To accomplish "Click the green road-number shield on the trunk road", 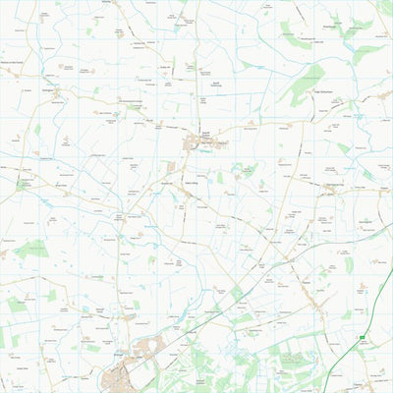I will pos(362,337).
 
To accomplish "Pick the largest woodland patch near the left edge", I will pos(29,251).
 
